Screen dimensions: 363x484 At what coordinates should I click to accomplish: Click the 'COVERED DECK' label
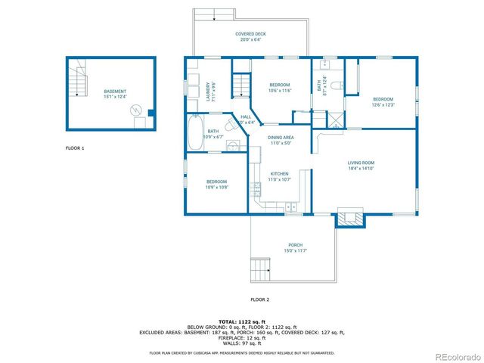(x=250, y=34)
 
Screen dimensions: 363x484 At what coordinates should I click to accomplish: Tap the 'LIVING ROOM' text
(x=361, y=163)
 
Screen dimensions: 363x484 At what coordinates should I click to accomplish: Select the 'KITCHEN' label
(x=280, y=173)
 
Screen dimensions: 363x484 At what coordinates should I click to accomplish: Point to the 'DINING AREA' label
(x=281, y=137)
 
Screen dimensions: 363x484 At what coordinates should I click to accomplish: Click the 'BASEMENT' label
(x=115, y=92)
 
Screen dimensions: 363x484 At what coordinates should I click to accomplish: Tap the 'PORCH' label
(x=295, y=245)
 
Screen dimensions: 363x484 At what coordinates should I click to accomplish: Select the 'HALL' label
(x=246, y=116)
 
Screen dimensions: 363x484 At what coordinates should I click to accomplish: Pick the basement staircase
(x=78, y=81)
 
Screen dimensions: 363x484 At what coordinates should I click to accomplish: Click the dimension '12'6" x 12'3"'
(x=383, y=105)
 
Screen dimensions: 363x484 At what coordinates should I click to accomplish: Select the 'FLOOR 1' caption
(x=75, y=148)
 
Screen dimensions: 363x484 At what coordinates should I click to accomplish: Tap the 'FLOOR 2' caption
(x=260, y=300)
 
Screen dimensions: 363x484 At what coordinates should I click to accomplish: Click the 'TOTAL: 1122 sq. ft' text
(x=242, y=321)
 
